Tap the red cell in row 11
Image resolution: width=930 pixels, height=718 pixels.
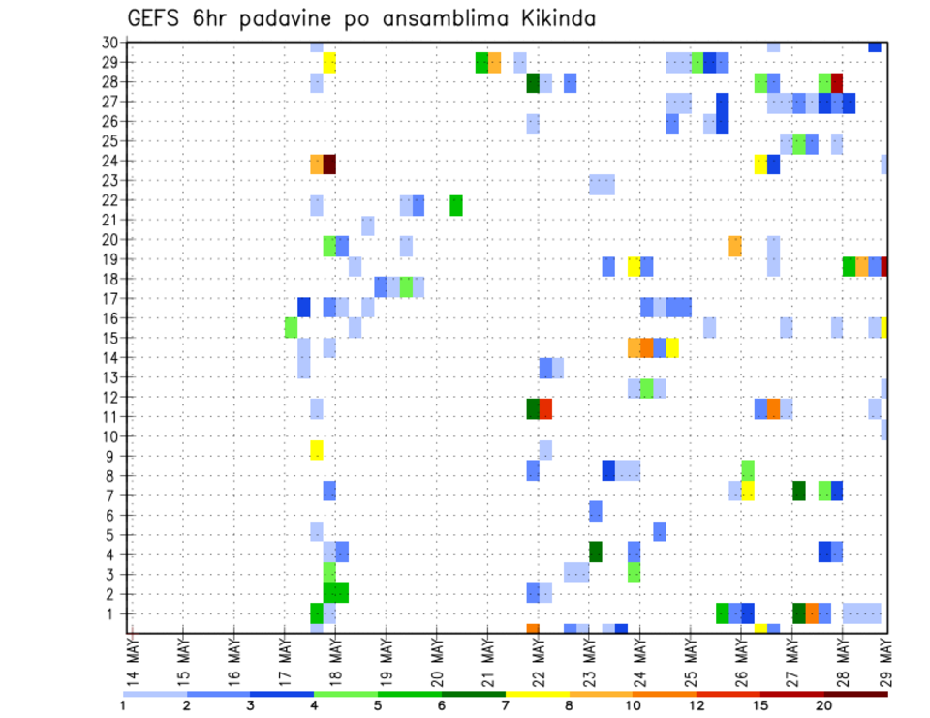pos(545,408)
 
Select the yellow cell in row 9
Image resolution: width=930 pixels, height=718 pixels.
pos(317,450)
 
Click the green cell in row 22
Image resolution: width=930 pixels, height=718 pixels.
pos(456,205)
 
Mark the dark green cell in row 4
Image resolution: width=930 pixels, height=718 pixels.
pos(596,552)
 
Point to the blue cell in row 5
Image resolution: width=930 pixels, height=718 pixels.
pos(660,531)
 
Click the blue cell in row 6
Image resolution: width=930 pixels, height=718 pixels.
pos(596,511)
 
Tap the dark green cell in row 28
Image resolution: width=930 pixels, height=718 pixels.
pos(533,83)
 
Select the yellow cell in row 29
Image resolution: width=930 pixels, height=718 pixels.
pos(329,63)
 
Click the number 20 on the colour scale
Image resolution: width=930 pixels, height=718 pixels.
pos(824,704)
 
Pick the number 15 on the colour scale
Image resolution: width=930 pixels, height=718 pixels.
pos(760,704)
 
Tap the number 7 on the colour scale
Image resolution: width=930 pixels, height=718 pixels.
pos(505,704)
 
